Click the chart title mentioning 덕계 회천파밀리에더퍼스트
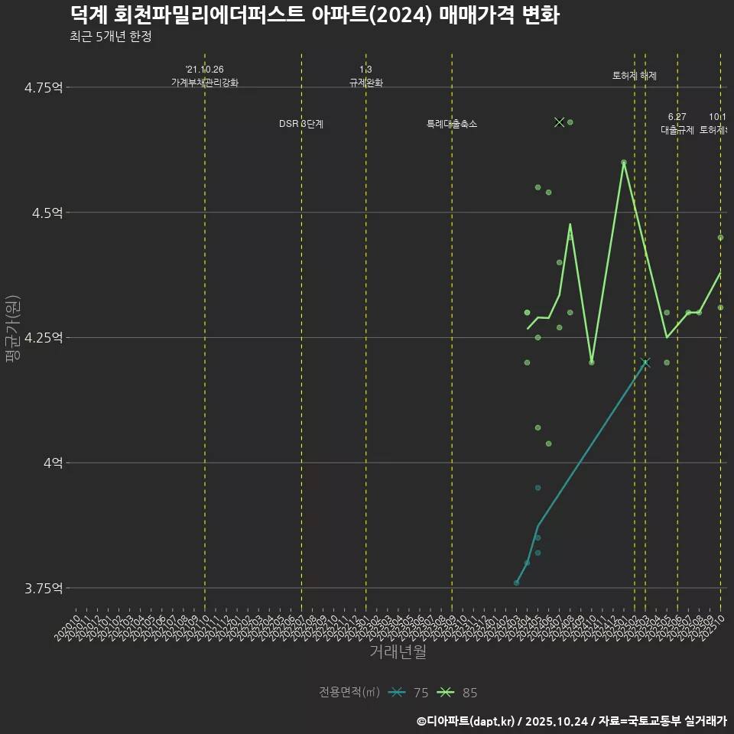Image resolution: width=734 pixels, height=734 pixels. [314, 15]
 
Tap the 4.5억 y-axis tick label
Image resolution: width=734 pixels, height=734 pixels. [47, 213]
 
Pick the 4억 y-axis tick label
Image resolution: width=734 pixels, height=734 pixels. [51, 463]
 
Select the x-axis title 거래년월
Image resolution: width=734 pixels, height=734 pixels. [398, 651]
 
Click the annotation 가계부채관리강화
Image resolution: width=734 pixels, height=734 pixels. [205, 83]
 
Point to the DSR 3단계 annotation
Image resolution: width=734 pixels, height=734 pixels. [301, 124]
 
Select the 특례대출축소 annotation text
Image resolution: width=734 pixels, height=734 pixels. [452, 124]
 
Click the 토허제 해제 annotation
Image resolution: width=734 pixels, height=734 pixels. [635, 76]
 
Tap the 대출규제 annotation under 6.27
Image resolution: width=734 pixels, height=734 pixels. [677, 130]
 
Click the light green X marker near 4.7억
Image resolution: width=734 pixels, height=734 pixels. [559, 122]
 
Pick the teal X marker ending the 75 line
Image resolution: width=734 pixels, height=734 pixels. [645, 362]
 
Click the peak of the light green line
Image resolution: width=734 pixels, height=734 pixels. [624, 162]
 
